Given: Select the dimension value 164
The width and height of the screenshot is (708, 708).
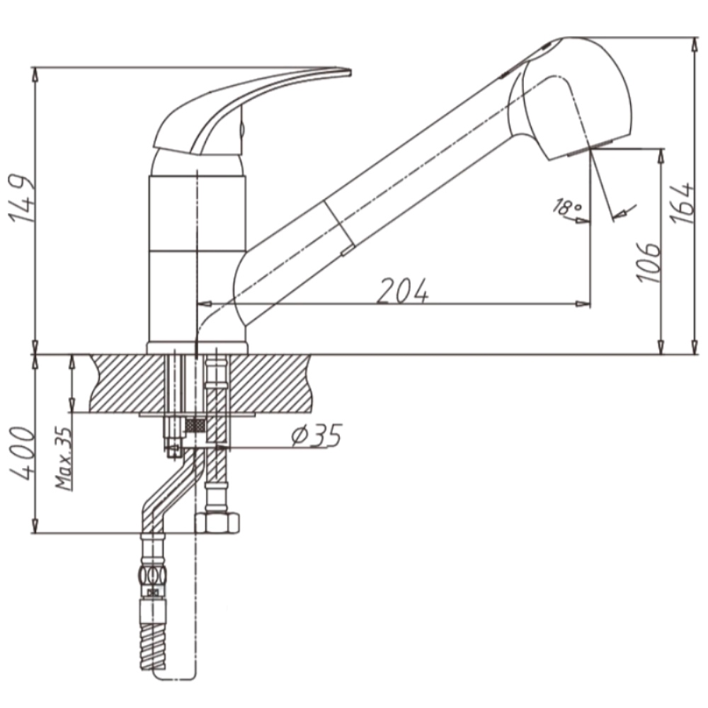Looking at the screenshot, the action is point(681,203).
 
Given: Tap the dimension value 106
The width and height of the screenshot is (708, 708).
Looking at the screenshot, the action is point(648,263).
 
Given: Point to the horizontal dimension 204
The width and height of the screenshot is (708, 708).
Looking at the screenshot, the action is point(402,291).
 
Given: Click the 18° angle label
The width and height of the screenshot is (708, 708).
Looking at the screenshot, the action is point(566,207).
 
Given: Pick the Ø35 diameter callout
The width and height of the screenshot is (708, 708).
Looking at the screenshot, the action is point(316,435).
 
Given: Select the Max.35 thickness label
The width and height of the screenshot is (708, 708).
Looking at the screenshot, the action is point(64,458).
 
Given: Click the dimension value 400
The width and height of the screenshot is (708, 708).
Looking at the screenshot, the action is point(22,454).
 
